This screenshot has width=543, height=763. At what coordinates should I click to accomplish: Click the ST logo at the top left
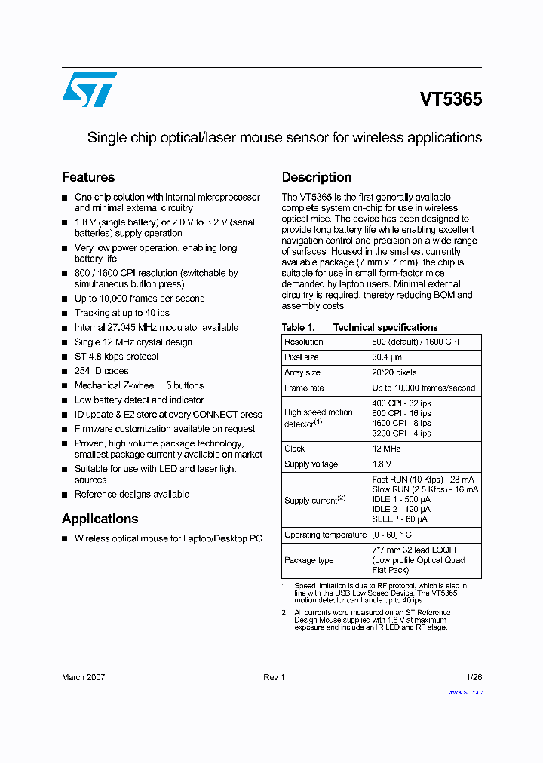click(x=89, y=90)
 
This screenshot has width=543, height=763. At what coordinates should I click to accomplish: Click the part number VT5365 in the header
click(x=450, y=99)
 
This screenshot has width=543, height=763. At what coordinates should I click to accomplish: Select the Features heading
click(x=88, y=177)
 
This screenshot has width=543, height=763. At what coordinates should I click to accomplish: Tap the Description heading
click(x=317, y=177)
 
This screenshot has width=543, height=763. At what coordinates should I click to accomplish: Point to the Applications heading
click(x=100, y=519)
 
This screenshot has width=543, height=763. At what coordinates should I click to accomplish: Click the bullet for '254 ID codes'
click(x=65, y=371)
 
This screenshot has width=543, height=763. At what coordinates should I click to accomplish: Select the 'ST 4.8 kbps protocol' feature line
click(x=116, y=357)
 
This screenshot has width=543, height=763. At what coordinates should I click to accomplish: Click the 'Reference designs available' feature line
click(x=131, y=495)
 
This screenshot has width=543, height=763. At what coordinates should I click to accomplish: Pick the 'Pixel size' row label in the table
click(x=302, y=357)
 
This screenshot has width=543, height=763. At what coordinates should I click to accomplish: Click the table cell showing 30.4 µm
click(x=388, y=357)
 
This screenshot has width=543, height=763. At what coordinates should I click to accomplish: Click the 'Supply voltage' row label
click(x=311, y=464)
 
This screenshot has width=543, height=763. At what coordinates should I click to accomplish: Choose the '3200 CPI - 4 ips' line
click(x=401, y=434)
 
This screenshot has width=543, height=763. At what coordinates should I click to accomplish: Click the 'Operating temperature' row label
click(x=325, y=535)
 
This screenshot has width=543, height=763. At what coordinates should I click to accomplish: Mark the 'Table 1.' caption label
click(x=298, y=327)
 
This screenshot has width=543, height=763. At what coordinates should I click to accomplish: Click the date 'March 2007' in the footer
click(x=83, y=677)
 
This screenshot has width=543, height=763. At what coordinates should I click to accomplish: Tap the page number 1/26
click(x=474, y=677)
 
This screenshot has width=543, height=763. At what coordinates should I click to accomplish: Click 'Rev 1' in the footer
click(x=274, y=677)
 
